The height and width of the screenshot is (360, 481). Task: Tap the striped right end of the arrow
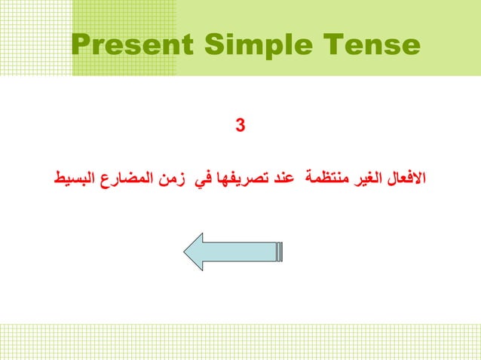coord(280,252)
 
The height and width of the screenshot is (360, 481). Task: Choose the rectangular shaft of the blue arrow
coord(245,252)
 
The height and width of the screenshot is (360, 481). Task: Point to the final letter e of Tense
coord(409,47)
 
